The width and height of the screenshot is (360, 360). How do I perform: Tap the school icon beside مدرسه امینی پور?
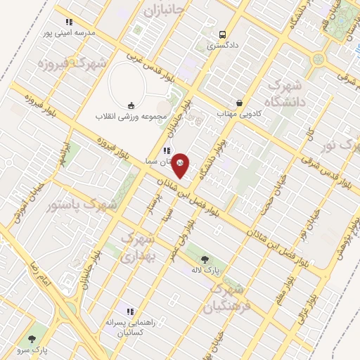pyautogui.click(x=68, y=22)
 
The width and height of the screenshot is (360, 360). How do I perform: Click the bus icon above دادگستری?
pyautogui.click(x=222, y=34)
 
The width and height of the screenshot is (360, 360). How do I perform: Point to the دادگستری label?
pyautogui.click(x=222, y=45)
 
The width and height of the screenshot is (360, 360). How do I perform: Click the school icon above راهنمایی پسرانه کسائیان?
pyautogui.click(x=129, y=311)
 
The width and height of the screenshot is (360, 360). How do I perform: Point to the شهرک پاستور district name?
pyautogui.click(x=82, y=205)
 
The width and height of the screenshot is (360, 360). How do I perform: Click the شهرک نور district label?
pyautogui.click(x=339, y=146)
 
